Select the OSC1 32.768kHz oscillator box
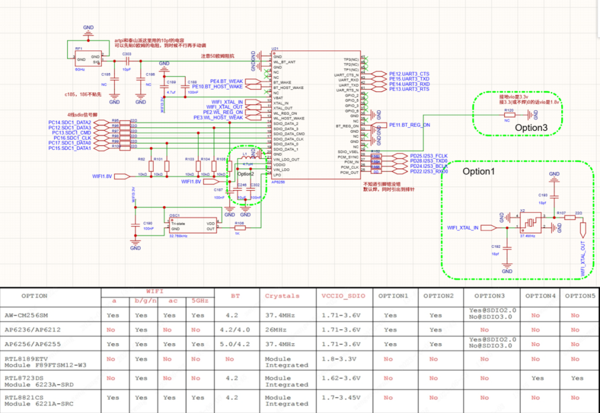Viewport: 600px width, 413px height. point(192,224)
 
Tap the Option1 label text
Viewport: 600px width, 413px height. point(478,172)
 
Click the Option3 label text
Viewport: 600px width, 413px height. point(531,128)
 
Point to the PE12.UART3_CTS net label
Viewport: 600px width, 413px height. point(409,74)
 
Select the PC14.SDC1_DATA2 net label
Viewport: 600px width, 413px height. point(69,122)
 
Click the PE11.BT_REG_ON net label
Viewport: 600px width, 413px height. point(409,125)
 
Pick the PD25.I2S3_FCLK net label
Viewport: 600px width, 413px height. point(428,156)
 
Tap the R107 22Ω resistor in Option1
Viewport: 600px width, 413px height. point(569,218)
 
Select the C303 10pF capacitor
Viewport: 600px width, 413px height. point(127,62)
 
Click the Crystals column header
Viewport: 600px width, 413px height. point(282,296)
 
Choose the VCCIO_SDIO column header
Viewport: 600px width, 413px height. point(343,296)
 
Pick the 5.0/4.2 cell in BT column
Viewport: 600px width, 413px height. point(235,344)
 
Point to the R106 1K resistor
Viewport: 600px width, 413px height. point(239,226)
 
